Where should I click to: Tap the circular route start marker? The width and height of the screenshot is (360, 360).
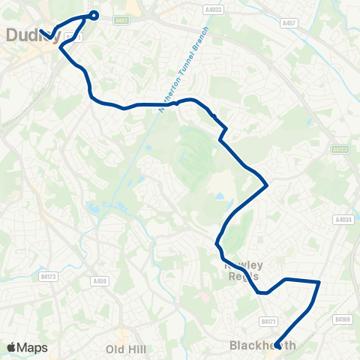[94, 14]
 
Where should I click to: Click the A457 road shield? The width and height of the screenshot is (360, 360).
[289, 23]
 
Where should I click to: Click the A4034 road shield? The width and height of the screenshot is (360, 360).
[343, 220]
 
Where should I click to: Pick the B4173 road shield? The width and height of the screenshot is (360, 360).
[49, 277]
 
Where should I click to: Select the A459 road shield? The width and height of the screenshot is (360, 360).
[100, 281]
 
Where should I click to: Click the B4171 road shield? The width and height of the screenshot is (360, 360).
[268, 321]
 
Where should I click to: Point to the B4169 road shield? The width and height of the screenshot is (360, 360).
[343, 319]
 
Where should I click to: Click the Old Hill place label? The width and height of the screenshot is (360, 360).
[125, 349]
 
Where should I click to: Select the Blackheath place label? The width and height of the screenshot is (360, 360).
[262, 346]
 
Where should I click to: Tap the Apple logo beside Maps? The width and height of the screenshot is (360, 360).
[11, 347]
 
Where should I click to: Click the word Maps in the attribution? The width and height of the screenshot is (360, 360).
[32, 347]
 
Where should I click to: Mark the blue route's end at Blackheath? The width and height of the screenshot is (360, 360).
[277, 346]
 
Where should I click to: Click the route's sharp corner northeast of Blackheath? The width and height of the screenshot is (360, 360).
[319, 282]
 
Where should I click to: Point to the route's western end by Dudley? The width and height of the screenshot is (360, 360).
[41, 31]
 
